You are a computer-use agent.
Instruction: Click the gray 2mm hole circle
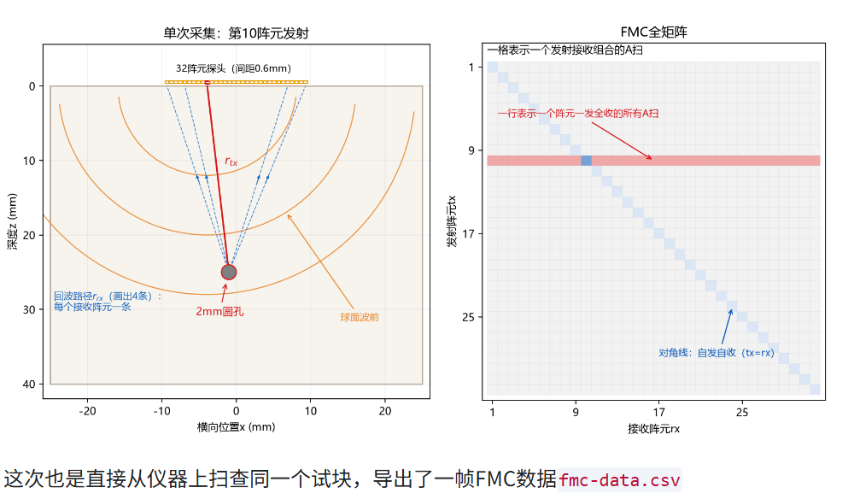(229, 272)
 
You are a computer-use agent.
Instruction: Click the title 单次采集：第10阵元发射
(236, 33)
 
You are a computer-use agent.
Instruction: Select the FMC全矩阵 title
(653, 32)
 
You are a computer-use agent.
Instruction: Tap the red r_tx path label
(231, 161)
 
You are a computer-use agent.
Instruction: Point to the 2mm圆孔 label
(219, 312)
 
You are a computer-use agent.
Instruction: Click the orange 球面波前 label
(360, 317)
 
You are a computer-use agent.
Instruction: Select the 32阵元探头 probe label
(234, 68)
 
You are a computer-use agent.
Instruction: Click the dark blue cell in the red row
(586, 160)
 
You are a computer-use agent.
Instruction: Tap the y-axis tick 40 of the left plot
(29, 384)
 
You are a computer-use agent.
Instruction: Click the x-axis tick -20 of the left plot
(87, 411)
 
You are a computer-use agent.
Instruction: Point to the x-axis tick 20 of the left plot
(385, 411)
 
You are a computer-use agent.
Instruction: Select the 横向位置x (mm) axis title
(236, 427)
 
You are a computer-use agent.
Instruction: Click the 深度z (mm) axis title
(12, 221)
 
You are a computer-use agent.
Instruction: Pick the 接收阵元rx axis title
(653, 429)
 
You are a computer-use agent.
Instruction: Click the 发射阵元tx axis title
(452, 221)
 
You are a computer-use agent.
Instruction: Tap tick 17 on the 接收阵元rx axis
(659, 413)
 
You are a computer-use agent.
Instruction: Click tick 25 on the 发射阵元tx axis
(468, 317)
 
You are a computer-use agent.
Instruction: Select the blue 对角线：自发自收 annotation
(717, 352)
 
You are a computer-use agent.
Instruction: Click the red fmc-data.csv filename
(619, 480)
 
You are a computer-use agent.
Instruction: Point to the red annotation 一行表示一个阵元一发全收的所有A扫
(578, 114)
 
